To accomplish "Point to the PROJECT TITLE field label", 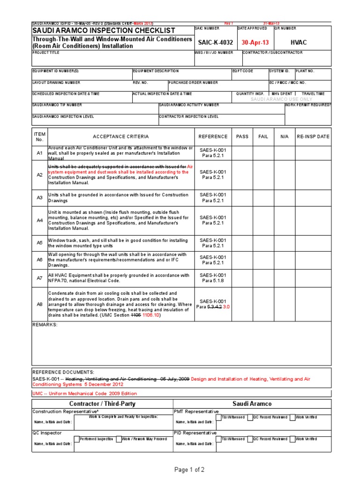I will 46,53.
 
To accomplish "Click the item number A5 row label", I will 39,243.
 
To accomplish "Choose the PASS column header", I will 242,136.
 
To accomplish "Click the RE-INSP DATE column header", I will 313,136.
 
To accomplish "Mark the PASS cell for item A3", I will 242,197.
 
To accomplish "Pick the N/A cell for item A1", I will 284,153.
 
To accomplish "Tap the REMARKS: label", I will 45,324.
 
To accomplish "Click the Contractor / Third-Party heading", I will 102,404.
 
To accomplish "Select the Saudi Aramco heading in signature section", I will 252,404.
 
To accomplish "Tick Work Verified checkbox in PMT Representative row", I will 292,417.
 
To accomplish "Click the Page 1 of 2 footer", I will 189,470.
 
